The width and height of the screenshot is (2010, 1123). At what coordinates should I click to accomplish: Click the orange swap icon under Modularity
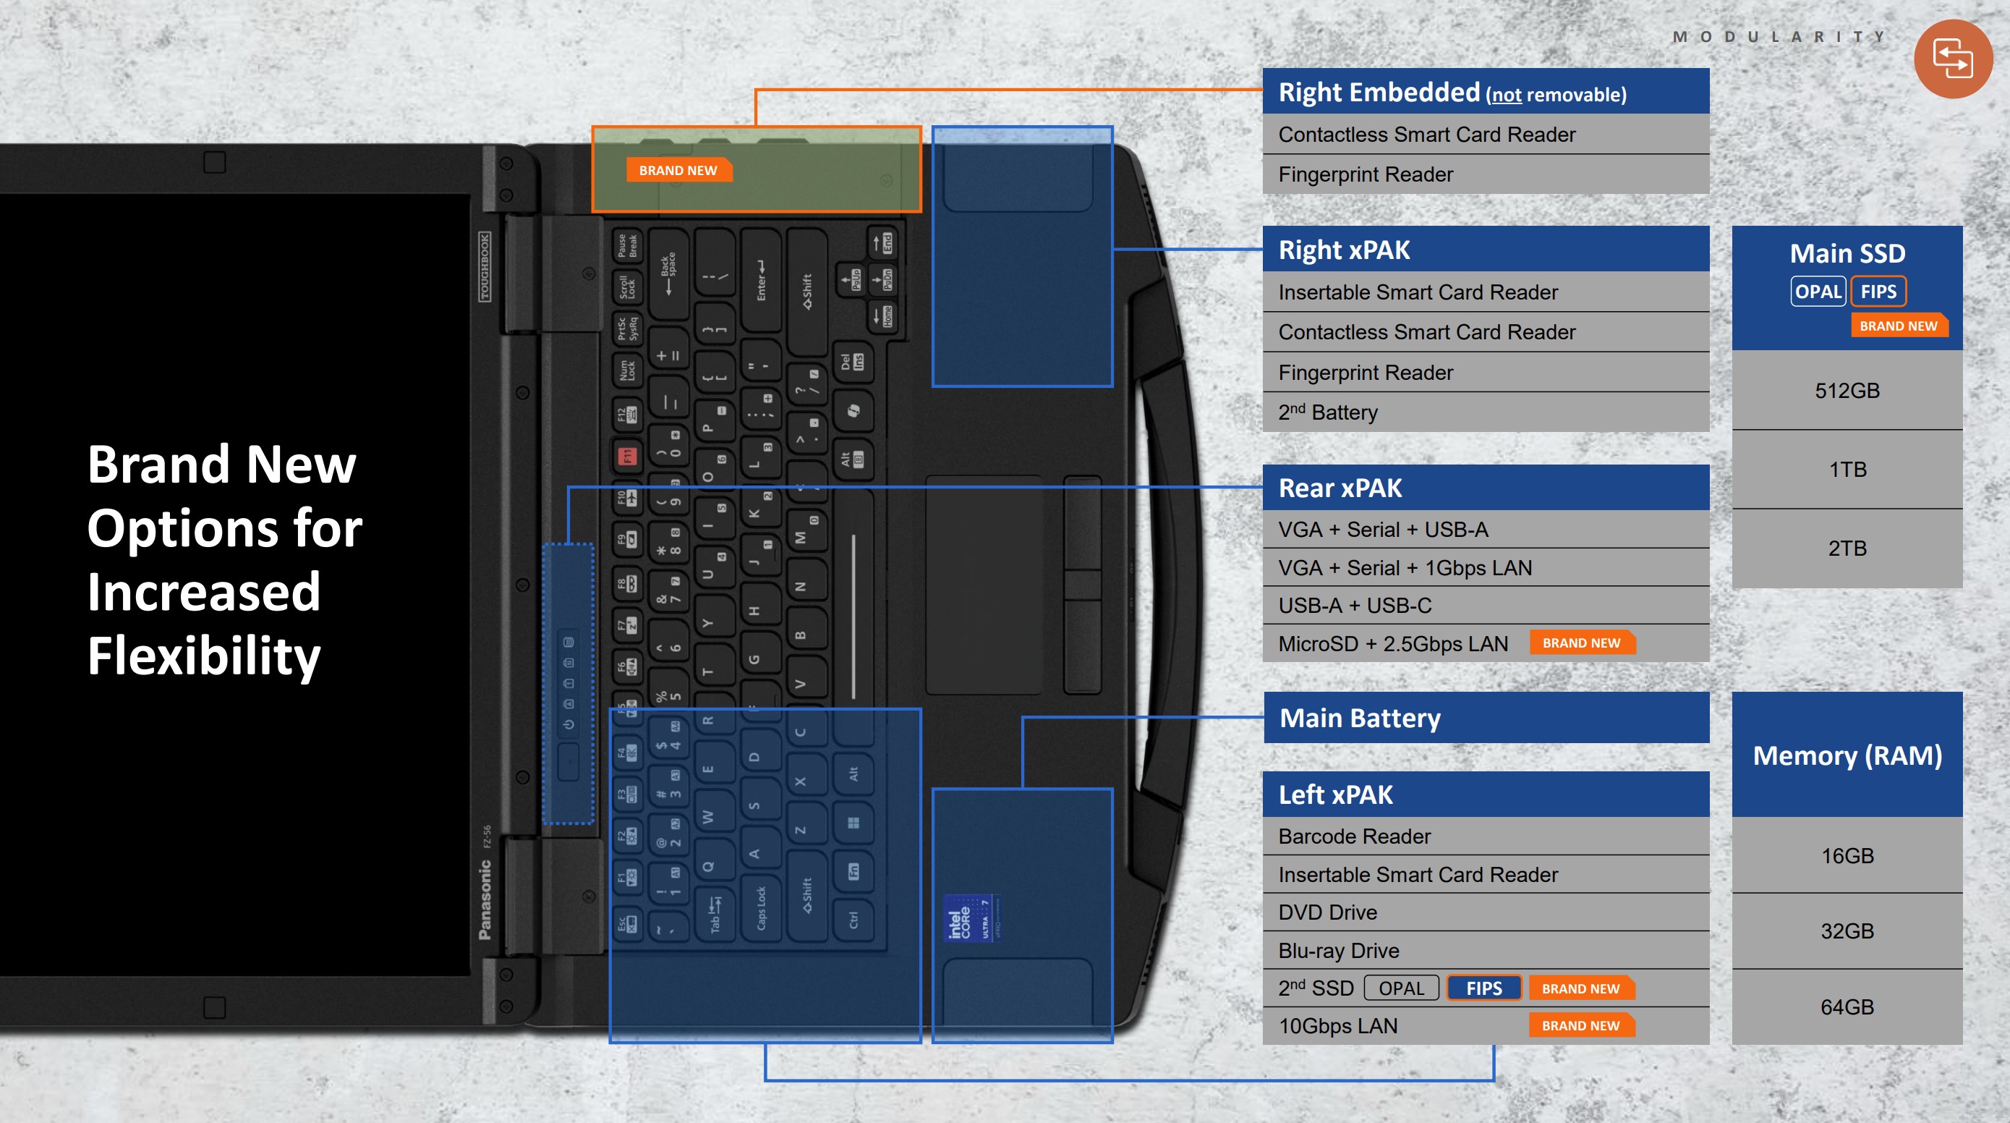pos(1952,59)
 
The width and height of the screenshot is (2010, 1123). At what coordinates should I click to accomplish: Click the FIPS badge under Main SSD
pos(1878,291)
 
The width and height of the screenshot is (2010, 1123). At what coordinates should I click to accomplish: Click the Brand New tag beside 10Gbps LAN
pos(1580,1025)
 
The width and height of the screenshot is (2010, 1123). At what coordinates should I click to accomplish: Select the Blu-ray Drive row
pos(1485,950)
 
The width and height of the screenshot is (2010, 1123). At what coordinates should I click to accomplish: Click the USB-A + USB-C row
pos(1485,605)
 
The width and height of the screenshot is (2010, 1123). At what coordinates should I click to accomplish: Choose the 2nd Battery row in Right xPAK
pos(1485,412)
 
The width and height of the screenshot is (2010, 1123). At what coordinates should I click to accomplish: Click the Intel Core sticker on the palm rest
pos(970,918)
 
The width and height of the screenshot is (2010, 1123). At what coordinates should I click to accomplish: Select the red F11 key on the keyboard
pos(626,455)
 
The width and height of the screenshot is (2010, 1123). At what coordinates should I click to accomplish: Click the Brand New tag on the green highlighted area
pos(677,170)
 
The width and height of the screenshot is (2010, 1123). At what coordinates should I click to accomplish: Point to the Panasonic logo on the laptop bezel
pos(485,900)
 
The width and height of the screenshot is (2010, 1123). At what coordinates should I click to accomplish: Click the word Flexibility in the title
pos(204,656)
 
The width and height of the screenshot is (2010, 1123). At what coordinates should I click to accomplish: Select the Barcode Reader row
pos(1485,836)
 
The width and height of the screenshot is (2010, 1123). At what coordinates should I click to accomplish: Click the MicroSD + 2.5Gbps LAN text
pos(1393,643)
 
